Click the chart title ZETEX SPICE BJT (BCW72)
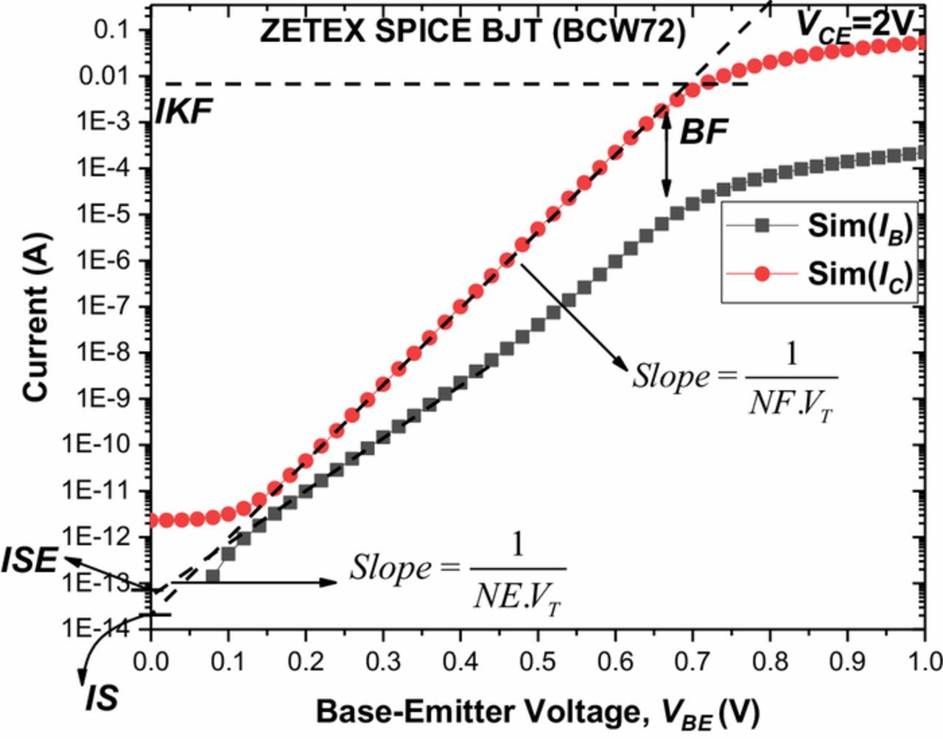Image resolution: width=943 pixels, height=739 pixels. tap(472, 32)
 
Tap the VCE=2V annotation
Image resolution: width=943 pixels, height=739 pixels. tap(855, 25)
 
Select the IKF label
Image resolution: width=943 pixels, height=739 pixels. tap(183, 113)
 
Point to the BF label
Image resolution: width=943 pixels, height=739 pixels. tap(703, 132)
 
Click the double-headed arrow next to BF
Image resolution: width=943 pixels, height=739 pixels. tap(666, 155)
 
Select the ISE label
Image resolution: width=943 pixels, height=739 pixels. tap(29, 562)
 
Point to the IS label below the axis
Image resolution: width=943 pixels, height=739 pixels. tap(102, 698)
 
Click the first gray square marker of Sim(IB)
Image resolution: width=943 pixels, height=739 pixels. tap(213, 576)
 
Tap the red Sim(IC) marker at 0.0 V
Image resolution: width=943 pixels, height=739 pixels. tap(152, 520)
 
